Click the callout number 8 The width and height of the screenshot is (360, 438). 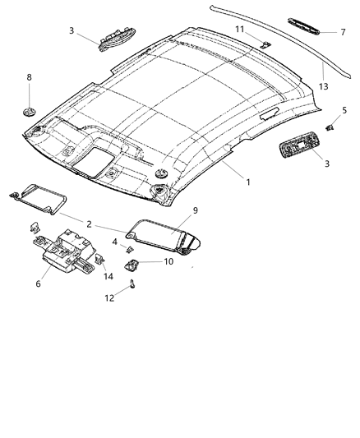point(30,78)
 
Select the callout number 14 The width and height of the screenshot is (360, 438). point(107,276)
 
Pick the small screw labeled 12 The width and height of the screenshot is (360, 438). point(132,285)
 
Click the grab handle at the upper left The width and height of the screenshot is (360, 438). point(113,39)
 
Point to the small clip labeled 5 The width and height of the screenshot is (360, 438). point(329,127)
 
